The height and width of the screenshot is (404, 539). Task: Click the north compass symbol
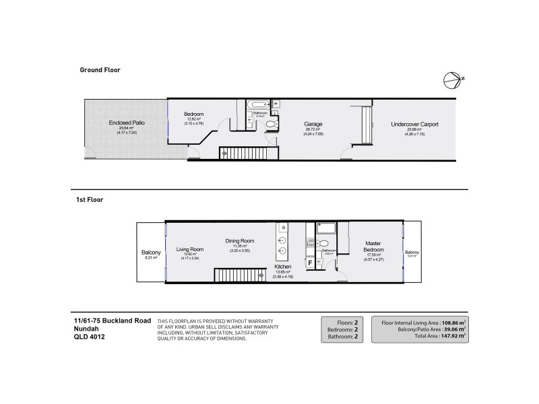click(x=452, y=79)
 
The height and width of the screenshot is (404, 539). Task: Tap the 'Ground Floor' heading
click(x=100, y=69)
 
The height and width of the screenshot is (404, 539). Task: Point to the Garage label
click(x=313, y=125)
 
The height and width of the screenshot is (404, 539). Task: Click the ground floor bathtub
click(x=257, y=104)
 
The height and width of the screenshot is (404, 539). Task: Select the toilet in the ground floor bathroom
click(x=270, y=124)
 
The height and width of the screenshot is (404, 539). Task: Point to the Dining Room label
click(x=239, y=241)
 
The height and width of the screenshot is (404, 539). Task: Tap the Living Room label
click(x=189, y=250)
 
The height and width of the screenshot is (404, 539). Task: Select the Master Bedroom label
click(x=373, y=246)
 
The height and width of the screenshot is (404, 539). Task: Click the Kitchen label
click(x=282, y=267)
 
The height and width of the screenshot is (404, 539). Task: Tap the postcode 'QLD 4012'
click(x=89, y=337)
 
